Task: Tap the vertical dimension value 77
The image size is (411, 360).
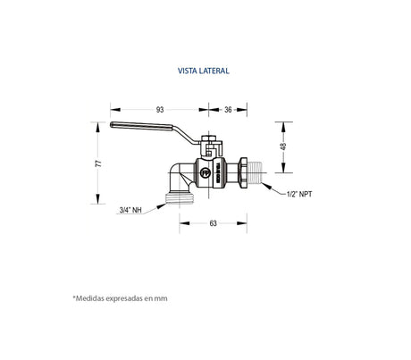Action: coord(99,163)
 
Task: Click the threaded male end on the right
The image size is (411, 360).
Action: coord(262,172)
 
